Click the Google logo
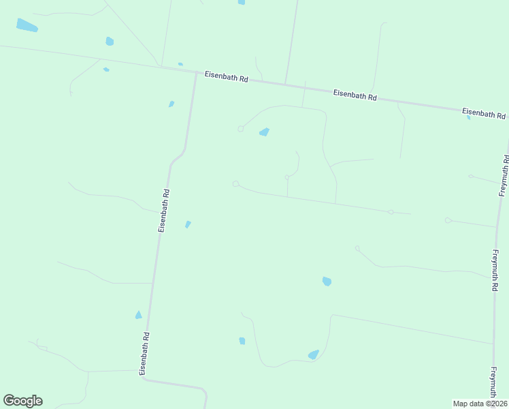pos(22,401)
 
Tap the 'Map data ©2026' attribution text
pos(480,404)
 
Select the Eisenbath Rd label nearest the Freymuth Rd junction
pos(483,113)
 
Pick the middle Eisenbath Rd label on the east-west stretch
pos(355,95)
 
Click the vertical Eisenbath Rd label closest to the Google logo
pos(144,354)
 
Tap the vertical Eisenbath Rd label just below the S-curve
pos(163,211)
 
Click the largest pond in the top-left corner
pos(27,26)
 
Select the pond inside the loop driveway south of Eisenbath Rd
pos(264,132)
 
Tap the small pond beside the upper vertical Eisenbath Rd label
pos(188,224)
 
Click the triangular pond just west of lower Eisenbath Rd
pos(138,315)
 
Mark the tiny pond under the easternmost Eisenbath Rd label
pos(469,118)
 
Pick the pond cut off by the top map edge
pos(242,2)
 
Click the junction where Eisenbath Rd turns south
pos(196,72)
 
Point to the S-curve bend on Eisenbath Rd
pos(178,156)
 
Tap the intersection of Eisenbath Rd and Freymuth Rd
pos(508,117)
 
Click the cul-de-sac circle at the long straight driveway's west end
pos(235,183)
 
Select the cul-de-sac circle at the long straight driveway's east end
pos(391,212)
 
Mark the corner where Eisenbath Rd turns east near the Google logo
pos(145,379)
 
